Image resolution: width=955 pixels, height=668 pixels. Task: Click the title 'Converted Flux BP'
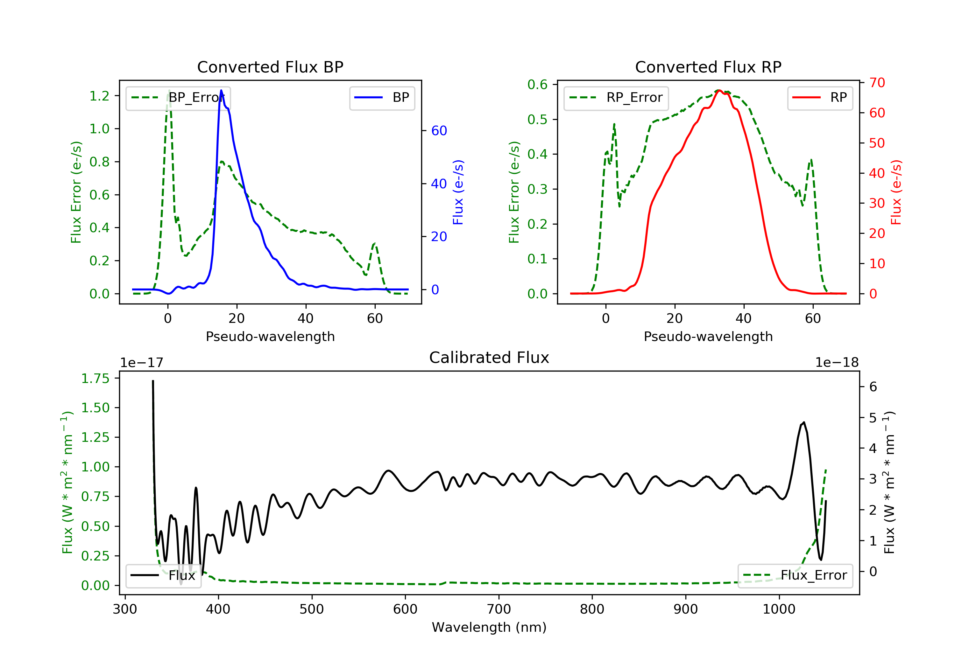270,67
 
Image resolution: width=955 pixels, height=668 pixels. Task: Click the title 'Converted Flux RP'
708,67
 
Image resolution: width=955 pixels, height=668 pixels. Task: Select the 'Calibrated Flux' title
489,358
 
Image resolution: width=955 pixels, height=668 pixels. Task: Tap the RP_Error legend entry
616,98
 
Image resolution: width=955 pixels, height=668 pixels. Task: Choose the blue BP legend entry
382,98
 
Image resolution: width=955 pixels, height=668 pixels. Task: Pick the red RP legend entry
820,98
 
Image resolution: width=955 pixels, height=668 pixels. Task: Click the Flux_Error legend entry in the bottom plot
795,575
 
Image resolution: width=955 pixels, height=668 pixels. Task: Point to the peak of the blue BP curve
221,90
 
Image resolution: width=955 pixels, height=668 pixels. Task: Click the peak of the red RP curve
719,90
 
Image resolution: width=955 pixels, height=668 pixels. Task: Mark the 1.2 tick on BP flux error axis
99,96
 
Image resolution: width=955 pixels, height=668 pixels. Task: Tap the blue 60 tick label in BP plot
439,131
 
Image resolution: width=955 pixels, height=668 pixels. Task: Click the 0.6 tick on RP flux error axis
537,85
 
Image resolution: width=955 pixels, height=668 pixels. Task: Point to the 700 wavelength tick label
499,609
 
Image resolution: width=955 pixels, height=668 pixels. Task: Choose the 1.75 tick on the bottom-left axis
95,379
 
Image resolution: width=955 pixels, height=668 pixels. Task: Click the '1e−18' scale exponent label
837,363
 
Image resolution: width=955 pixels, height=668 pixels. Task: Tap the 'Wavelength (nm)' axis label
489,627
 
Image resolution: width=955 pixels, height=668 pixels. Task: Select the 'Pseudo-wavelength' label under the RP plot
708,336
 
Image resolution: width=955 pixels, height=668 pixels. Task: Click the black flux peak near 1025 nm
803,422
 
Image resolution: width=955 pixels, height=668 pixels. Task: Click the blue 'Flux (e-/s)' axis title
458,192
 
